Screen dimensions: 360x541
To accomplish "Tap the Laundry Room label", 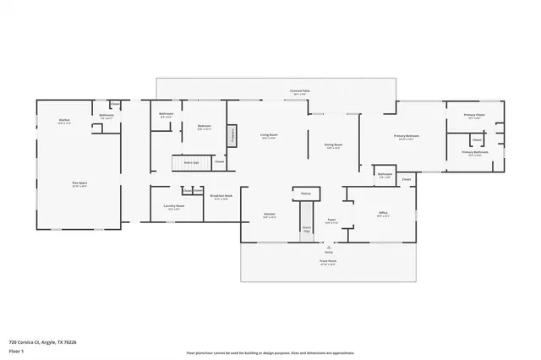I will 175,206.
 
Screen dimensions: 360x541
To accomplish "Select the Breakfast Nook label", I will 222,198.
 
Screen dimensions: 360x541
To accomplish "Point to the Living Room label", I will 269,135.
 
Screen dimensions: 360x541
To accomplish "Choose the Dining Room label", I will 333,145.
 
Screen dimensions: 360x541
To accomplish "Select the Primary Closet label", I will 474,116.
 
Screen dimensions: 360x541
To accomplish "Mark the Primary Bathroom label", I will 472,154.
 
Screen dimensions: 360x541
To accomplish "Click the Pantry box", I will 305,194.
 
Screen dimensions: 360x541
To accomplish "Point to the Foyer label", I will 332,220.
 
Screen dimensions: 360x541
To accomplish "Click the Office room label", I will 382,214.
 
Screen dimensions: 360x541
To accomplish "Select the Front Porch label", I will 328,261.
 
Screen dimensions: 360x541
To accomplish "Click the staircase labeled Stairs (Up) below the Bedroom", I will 190,161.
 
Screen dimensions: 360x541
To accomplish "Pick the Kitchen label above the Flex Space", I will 63,121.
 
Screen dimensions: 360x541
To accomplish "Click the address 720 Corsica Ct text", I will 41,342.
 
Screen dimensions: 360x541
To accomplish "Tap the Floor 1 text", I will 16,350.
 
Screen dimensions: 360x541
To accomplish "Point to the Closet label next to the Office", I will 406,179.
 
